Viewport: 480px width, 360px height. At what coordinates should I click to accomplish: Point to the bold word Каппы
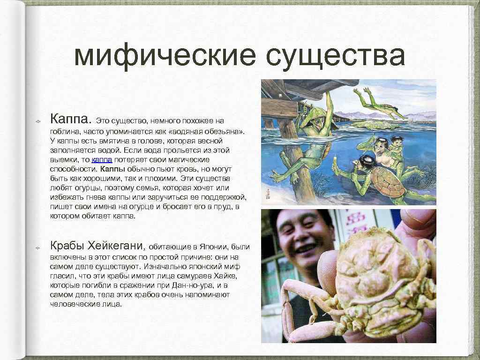point(112,169)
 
